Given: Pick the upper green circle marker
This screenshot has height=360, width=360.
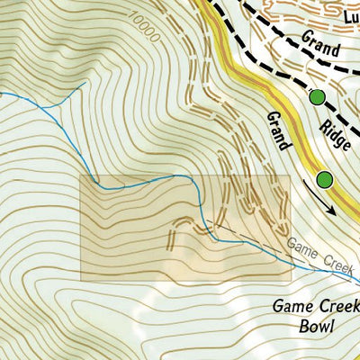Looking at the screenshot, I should pos(317,97).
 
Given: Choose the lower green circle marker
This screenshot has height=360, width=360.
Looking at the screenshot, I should pos(324,179).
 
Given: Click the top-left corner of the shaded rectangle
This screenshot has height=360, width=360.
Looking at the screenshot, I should pos(83,176).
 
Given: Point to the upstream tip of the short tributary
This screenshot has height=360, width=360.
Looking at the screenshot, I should pos(85,83).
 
